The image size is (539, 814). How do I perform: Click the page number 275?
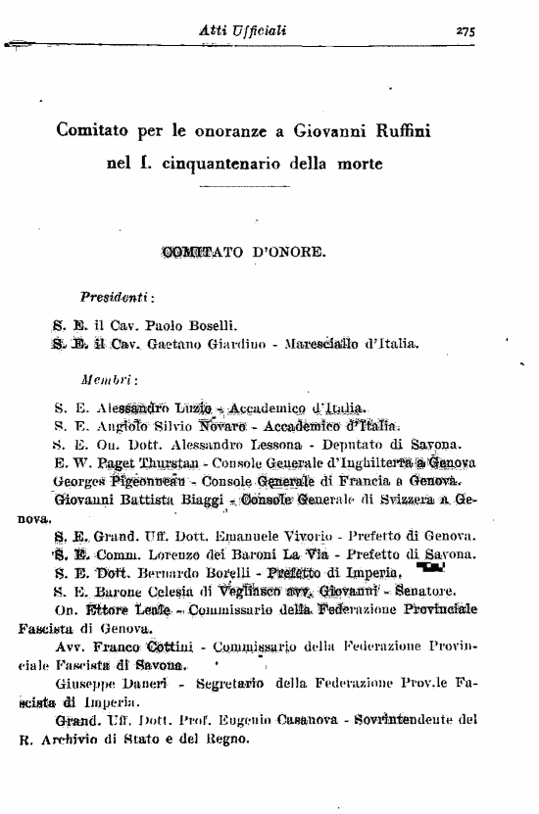tap(465, 31)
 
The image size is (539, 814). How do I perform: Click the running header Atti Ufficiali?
tap(242, 31)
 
